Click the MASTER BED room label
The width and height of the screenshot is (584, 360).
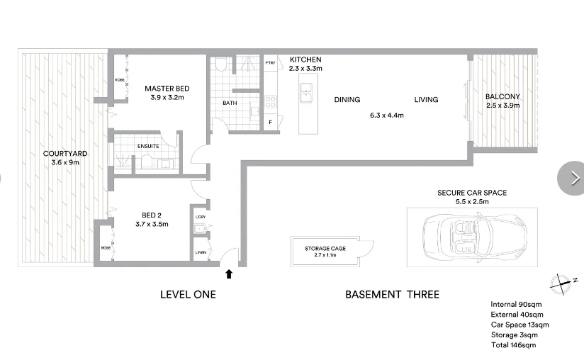(167, 89)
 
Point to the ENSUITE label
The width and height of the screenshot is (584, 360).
(148, 146)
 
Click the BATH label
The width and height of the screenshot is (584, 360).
(230, 103)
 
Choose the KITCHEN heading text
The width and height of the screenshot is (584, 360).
(305, 60)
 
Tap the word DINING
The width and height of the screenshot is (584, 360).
(347, 100)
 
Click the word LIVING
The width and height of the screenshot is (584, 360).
(426, 100)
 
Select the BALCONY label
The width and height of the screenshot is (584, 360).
(502, 97)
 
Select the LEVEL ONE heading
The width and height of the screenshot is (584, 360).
(188, 295)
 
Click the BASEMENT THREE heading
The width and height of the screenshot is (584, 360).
(392, 295)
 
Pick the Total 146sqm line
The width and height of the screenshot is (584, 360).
(513, 345)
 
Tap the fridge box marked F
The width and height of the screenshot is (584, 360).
(270, 123)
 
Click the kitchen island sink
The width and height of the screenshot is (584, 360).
(306, 89)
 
